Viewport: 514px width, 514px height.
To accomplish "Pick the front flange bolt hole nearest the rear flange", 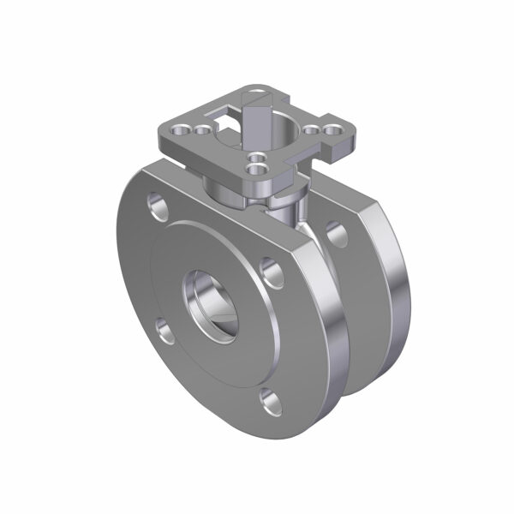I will pyautogui.click(x=272, y=272).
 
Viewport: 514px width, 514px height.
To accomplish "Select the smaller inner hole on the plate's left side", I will pyautogui.click(x=202, y=130).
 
